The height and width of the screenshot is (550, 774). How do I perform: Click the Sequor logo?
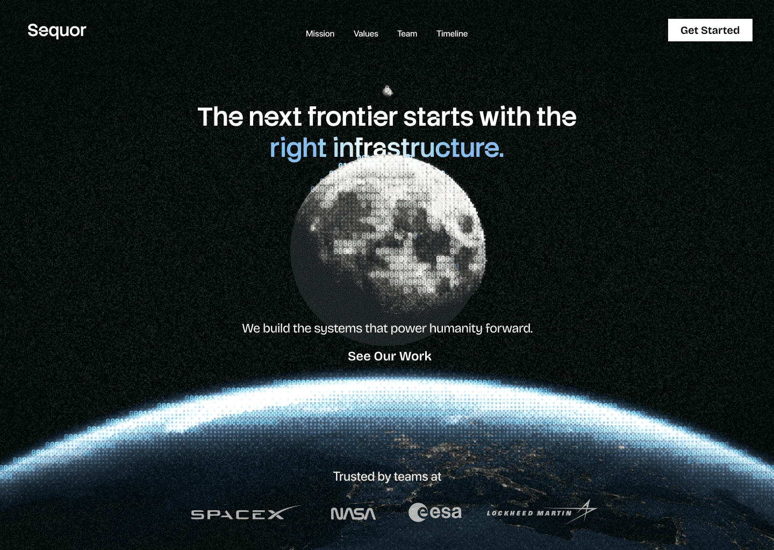57,31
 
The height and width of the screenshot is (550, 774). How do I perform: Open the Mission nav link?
320,33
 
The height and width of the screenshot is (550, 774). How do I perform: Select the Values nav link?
366,33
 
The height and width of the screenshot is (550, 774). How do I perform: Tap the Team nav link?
407,33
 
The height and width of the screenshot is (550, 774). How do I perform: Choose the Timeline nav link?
452,33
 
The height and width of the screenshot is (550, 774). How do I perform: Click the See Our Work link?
389,356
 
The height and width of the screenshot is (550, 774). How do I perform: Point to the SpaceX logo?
245,513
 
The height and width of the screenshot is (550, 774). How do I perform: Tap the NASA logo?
353,513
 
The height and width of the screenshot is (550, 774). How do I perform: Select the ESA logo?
435,512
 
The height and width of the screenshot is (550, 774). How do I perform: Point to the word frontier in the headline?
352,117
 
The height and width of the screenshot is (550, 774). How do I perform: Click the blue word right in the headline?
298,148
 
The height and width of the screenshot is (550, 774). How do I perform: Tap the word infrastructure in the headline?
418,148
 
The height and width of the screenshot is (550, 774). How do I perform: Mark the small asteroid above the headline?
388,91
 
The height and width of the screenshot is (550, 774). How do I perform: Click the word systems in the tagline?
338,328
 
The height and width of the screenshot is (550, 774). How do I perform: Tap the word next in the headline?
275,117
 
